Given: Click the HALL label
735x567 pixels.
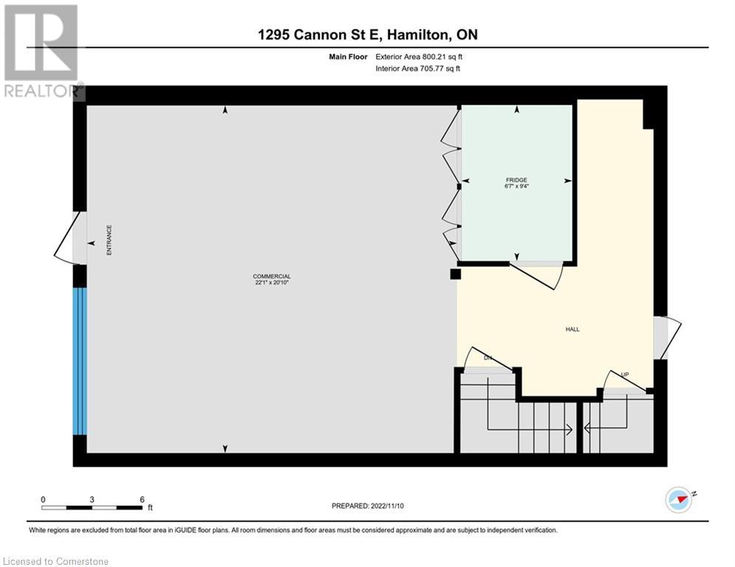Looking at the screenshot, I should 572,329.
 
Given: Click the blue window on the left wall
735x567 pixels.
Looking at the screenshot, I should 80,361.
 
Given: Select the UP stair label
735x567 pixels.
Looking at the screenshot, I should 624,375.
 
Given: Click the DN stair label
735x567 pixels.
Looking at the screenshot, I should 488,358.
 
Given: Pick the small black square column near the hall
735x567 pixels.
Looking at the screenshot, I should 456,275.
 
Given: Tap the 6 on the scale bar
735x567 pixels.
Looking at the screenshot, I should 141,499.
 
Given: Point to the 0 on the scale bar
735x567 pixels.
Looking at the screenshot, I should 43,499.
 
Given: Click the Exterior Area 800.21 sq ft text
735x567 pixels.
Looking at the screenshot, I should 420,56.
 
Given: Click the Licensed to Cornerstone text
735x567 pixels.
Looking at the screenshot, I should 56,561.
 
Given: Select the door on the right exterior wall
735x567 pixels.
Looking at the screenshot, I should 667,337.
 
